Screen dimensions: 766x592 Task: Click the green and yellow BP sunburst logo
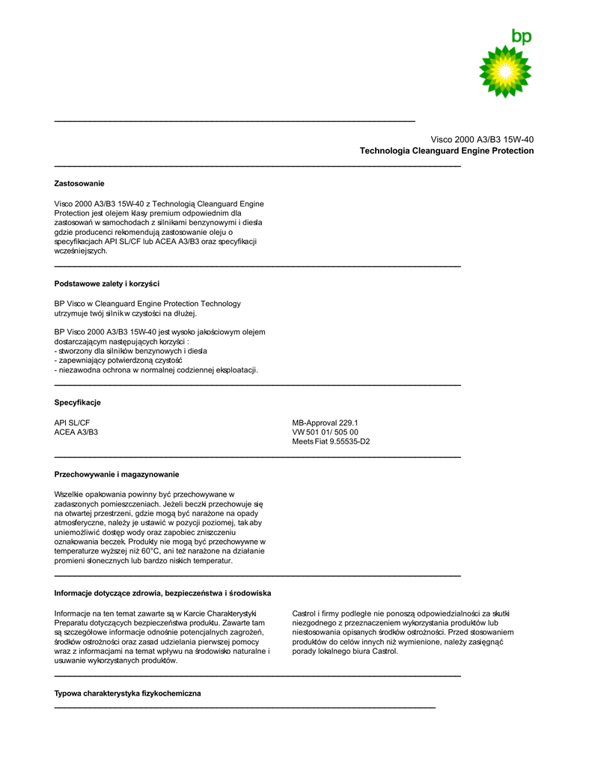point(506,71)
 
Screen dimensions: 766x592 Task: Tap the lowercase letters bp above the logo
point(522,36)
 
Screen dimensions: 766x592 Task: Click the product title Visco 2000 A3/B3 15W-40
point(481,139)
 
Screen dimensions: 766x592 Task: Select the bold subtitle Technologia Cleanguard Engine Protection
point(446,151)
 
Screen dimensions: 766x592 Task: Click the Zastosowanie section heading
point(79,183)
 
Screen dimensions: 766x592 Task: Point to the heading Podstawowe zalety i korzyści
point(106,284)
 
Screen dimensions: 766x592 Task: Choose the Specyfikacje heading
point(77,402)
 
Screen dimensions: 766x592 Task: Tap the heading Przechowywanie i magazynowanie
point(116,474)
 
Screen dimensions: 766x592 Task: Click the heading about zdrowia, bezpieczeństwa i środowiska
point(162,593)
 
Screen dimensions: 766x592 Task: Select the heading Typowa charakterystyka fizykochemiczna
point(127,693)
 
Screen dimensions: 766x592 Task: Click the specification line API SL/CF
point(72,423)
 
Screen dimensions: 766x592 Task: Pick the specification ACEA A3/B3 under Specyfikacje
point(76,432)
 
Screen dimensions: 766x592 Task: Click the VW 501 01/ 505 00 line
point(325,432)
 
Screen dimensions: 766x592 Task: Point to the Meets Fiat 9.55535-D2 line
point(331,441)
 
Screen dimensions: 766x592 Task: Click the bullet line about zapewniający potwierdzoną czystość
point(118,360)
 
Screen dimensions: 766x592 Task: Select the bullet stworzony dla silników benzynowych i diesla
point(131,350)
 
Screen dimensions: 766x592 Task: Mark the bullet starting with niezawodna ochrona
point(156,370)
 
